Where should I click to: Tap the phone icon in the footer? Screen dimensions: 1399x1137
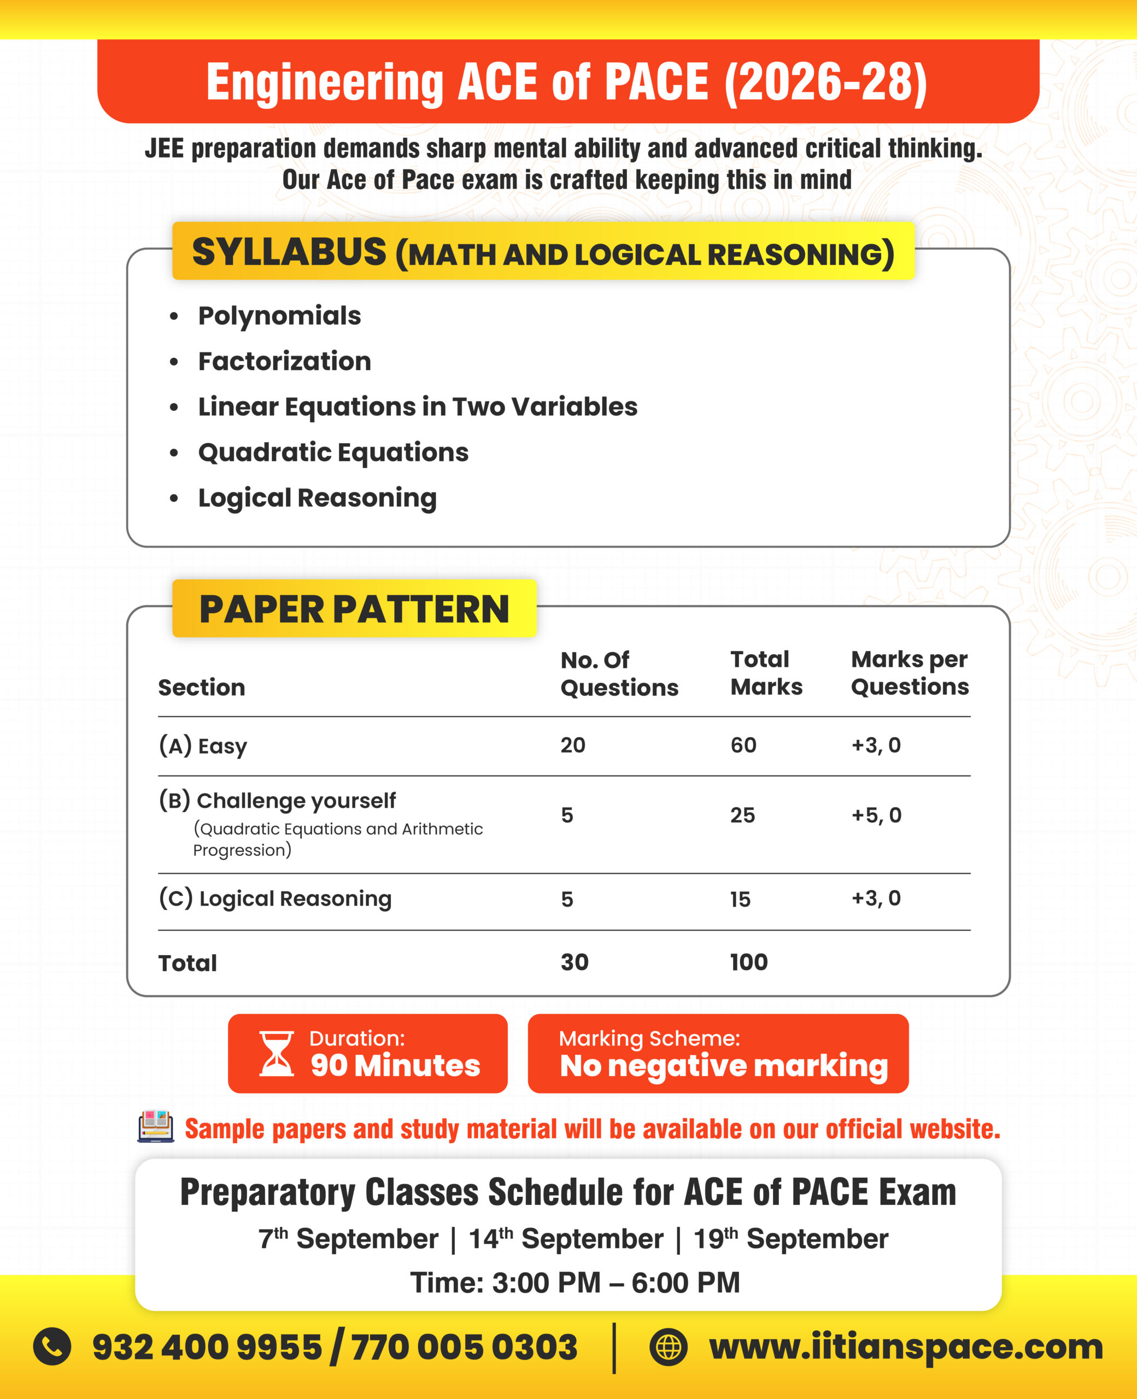tap(52, 1347)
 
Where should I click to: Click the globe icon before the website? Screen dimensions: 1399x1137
tap(668, 1347)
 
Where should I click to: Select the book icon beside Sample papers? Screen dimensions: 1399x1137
tap(156, 1127)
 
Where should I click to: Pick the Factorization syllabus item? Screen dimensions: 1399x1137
tap(284, 361)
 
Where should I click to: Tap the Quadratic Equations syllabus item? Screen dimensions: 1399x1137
tap(333, 452)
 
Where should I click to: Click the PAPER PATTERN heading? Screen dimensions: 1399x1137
tap(354, 609)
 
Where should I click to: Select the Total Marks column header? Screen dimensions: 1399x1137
tap(766, 673)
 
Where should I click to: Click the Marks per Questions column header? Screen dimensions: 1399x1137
tap(909, 673)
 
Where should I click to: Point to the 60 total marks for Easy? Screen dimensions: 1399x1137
tap(743, 745)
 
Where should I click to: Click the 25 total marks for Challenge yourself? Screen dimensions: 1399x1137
tap(742, 815)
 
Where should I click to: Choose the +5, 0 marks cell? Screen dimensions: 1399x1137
tap(876, 815)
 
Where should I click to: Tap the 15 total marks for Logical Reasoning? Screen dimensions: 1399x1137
tap(740, 899)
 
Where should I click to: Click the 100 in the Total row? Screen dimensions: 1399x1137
tap(748, 962)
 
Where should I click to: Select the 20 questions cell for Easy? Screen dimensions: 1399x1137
tap(572, 745)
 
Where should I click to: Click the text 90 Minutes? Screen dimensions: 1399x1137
tap(395, 1066)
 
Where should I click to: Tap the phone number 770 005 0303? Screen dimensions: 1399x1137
tap(464, 1347)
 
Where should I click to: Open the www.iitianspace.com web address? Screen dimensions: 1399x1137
tap(906, 1347)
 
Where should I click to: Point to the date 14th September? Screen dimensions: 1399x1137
tap(566, 1239)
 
